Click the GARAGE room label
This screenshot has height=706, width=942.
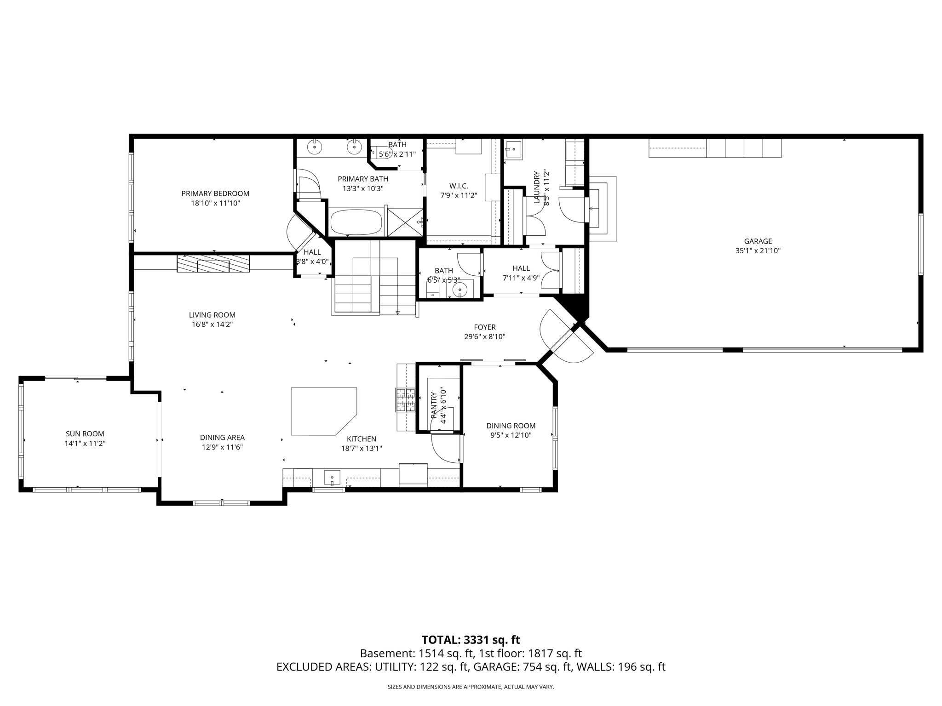click(x=758, y=241)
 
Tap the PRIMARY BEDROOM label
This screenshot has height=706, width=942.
click(x=215, y=194)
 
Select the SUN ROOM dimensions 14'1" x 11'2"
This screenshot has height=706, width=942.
click(x=85, y=444)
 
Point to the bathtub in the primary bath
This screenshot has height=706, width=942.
click(x=356, y=222)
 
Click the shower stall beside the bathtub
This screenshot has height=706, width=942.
click(x=405, y=222)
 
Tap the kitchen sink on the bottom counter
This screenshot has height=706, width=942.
click(x=332, y=478)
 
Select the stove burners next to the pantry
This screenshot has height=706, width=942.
click(x=405, y=399)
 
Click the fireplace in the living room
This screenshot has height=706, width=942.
click(x=213, y=263)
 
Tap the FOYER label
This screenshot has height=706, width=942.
click(x=485, y=327)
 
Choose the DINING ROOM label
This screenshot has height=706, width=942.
click(x=511, y=426)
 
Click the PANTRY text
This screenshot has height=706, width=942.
click(x=434, y=405)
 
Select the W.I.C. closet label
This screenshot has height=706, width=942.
click(x=459, y=186)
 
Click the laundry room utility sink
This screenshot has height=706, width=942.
click(x=513, y=150)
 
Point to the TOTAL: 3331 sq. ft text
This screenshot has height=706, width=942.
click(x=471, y=640)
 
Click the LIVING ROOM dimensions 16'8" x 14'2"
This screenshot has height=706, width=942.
click(x=212, y=325)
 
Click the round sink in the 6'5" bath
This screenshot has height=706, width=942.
click(x=460, y=289)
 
